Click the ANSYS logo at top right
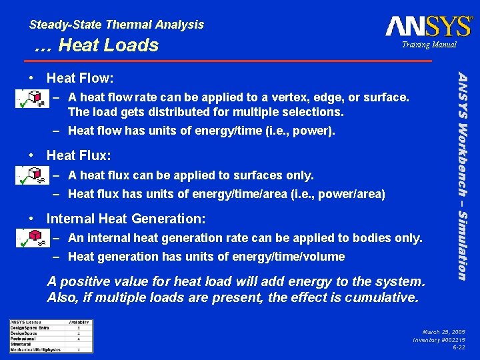(428, 26)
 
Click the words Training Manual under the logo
(429, 45)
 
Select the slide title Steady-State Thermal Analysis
(117, 25)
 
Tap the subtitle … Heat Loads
(97, 45)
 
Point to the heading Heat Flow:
(80, 79)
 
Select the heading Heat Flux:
(79, 155)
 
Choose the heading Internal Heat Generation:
(126, 218)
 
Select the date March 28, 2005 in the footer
(443, 331)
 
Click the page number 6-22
(459, 347)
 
